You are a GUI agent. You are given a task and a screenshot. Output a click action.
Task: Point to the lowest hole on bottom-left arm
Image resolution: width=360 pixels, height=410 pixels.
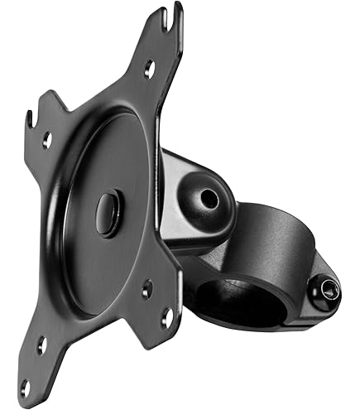tap(24, 386)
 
